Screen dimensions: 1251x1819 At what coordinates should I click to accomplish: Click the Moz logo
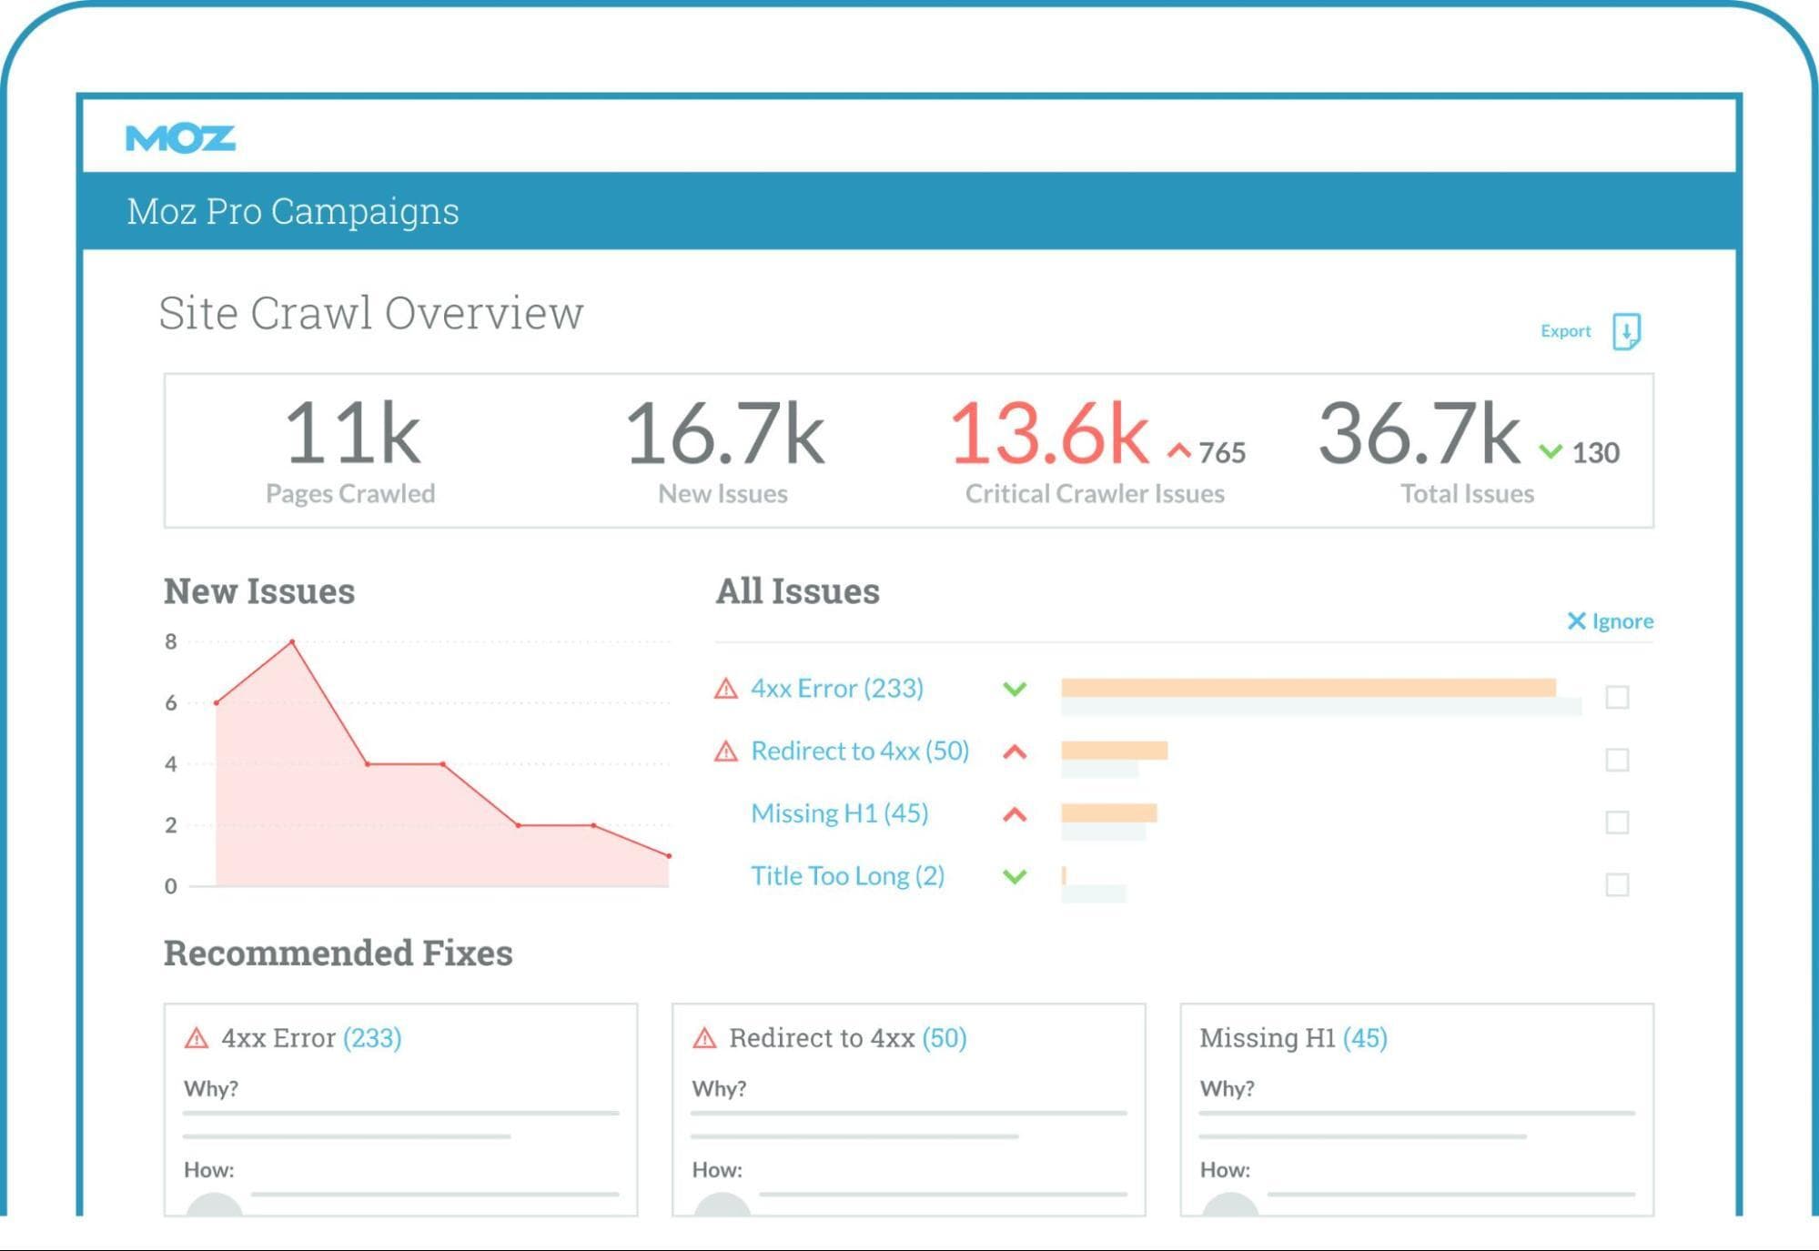pyautogui.click(x=180, y=138)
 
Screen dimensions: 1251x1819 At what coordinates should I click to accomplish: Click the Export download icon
pyautogui.click(x=1626, y=331)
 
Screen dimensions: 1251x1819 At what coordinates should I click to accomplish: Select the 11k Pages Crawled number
pyautogui.click(x=352, y=434)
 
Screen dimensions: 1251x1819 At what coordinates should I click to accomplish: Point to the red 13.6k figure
pyautogui.click(x=1049, y=434)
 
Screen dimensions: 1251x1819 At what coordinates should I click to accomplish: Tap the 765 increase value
pyautogui.click(x=1221, y=452)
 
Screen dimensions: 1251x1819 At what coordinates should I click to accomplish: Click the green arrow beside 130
pyautogui.click(x=1551, y=451)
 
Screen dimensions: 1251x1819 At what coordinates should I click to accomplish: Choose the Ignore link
pyautogui.click(x=1610, y=621)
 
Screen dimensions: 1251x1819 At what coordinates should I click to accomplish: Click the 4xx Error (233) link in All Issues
pyautogui.click(x=836, y=689)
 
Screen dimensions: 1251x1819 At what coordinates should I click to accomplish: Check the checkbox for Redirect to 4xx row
pyautogui.click(x=1617, y=760)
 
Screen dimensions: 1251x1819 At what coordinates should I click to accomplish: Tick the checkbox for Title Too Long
pyautogui.click(x=1617, y=884)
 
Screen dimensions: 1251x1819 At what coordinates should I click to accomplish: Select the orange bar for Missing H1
pyautogui.click(x=1108, y=812)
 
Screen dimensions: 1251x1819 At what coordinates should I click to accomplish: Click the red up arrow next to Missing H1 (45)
pyautogui.click(x=1015, y=814)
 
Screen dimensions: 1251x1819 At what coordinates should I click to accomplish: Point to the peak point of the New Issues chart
pyautogui.click(x=292, y=642)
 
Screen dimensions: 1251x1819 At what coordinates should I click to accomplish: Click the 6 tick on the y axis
pyautogui.click(x=171, y=702)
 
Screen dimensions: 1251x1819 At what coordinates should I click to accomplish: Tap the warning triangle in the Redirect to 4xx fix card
pyautogui.click(x=704, y=1038)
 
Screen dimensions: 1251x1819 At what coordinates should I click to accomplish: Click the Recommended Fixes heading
pyautogui.click(x=339, y=953)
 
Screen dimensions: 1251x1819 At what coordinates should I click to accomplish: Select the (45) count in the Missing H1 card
pyautogui.click(x=1365, y=1038)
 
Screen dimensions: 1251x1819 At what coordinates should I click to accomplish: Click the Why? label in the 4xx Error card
pyautogui.click(x=211, y=1089)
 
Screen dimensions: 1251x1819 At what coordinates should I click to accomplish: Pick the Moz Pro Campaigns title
pyautogui.click(x=293, y=211)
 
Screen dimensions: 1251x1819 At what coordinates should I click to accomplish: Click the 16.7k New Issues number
pyautogui.click(x=724, y=434)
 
